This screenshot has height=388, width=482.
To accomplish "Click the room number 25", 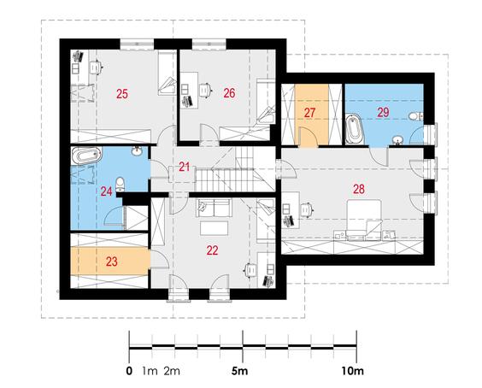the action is pyautogui.click(x=122, y=94).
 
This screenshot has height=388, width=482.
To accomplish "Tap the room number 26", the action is pyautogui.click(x=229, y=93).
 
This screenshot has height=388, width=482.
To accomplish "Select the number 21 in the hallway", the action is pyautogui.click(x=184, y=167).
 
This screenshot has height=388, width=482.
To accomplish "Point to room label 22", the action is pyautogui.click(x=213, y=250).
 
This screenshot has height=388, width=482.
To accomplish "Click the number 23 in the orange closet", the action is pyautogui.click(x=112, y=262).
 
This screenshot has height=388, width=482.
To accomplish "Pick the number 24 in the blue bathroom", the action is pyautogui.click(x=106, y=191).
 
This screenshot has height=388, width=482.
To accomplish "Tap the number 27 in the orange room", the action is pyautogui.click(x=310, y=113).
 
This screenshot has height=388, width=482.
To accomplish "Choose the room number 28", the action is pyautogui.click(x=359, y=189).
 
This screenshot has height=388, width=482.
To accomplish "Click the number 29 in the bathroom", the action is pyautogui.click(x=384, y=112).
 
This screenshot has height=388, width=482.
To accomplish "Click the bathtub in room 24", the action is pyautogui.click(x=86, y=156).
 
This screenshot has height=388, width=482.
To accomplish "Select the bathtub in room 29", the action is pyautogui.click(x=355, y=129).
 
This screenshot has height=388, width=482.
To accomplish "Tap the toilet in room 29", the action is pyautogui.click(x=416, y=116).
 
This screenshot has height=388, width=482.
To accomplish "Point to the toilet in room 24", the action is pyautogui.click(x=120, y=184).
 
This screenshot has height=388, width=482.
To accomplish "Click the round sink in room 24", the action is pyautogui.click(x=137, y=150).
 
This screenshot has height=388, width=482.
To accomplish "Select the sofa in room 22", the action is pyautogui.click(x=215, y=209).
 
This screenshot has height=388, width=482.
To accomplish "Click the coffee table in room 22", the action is pyautogui.click(x=215, y=228).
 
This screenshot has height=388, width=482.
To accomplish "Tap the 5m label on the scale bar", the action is pyautogui.click(x=239, y=371).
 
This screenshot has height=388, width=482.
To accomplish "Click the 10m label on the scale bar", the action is pyautogui.click(x=353, y=371).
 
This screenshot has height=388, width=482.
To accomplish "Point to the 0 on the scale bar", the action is pyautogui.click(x=129, y=371).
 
